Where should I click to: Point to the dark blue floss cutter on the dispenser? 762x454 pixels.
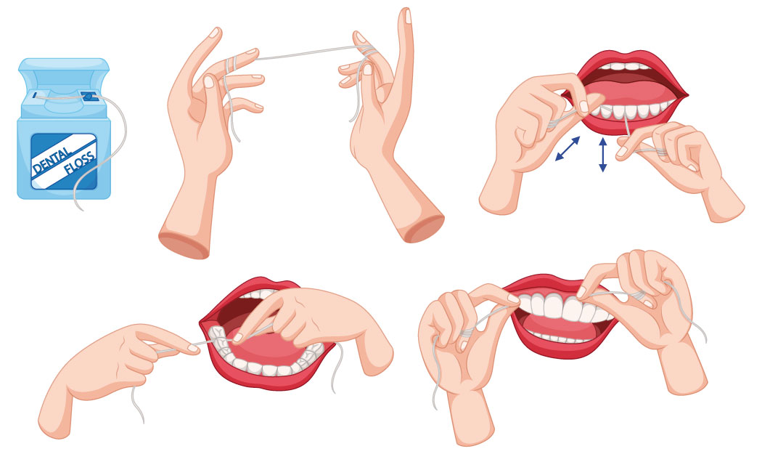(x=89, y=97)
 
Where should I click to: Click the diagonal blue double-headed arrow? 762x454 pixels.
(x=567, y=148)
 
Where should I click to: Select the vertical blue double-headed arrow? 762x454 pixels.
(x=602, y=155)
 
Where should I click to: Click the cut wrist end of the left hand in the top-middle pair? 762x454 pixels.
(x=184, y=245)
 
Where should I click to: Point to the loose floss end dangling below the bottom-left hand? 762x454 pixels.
(x=138, y=403)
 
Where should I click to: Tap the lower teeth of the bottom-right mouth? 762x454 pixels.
(x=558, y=337)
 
